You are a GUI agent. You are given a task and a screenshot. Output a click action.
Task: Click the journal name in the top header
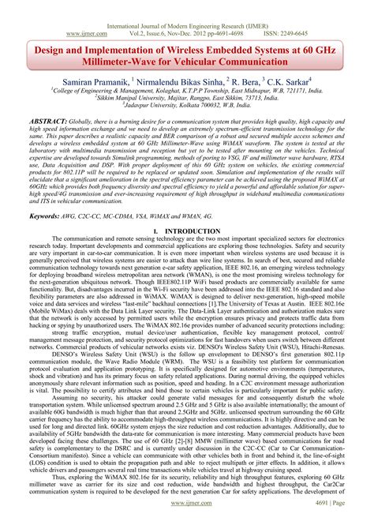point(187,6)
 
